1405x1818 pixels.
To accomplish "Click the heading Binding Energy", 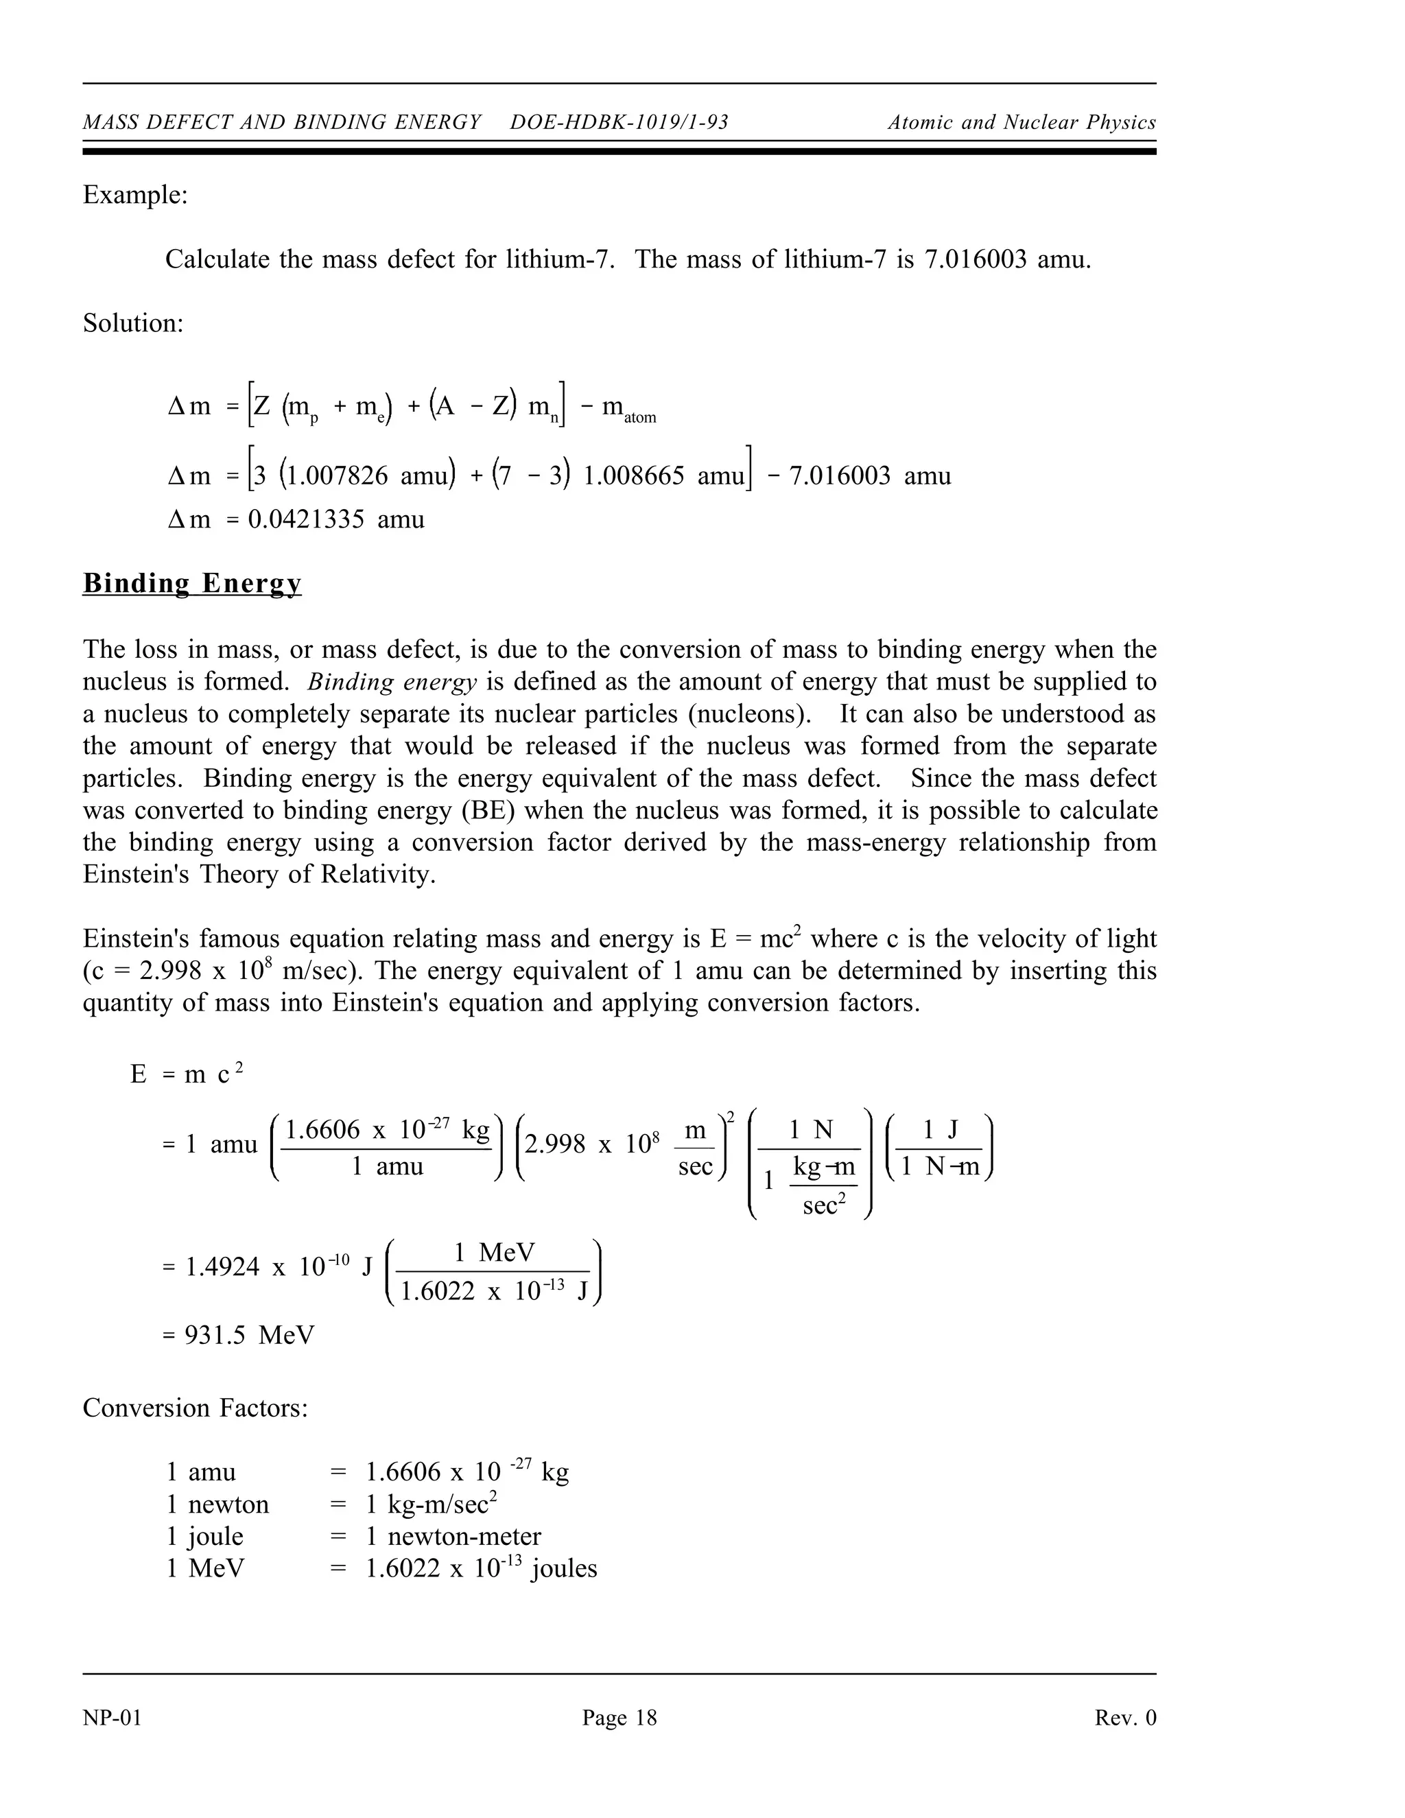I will [x=191, y=584].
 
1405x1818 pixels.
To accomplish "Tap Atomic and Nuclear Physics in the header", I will [x=1022, y=122].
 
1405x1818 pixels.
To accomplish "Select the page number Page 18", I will [x=619, y=1717].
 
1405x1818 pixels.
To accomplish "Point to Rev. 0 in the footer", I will [x=1125, y=1717].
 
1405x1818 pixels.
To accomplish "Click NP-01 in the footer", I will [x=113, y=1717].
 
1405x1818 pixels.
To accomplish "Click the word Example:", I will [x=135, y=195].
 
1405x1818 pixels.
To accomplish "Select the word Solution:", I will [x=133, y=323].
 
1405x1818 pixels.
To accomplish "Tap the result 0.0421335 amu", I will [x=336, y=519].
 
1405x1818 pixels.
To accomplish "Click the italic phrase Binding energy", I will [x=391, y=682].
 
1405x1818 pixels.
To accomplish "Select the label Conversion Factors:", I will [x=196, y=1408].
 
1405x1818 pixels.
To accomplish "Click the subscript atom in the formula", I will [x=640, y=418].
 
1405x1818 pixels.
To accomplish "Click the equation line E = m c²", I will [x=187, y=1074].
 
